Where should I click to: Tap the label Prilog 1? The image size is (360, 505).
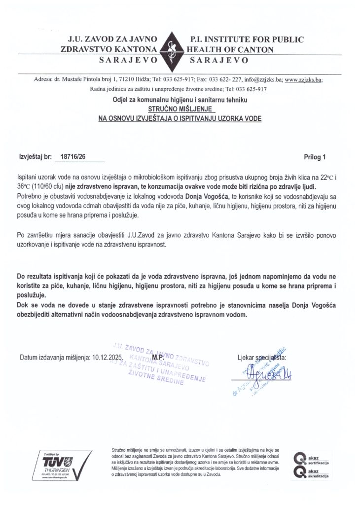point(316,157)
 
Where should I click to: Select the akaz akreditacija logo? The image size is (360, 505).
point(311,473)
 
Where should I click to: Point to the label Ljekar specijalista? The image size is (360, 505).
point(261,357)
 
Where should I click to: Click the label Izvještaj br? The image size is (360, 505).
point(35,157)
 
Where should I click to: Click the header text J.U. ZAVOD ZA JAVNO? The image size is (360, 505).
point(108,39)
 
